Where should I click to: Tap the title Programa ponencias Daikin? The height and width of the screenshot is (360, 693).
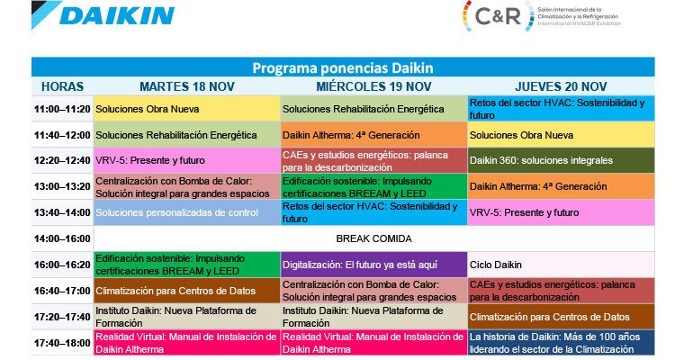[x=342, y=67]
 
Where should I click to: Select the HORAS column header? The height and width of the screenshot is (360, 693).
[x=62, y=86]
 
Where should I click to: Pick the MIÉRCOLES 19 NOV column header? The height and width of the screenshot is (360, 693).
[x=373, y=86]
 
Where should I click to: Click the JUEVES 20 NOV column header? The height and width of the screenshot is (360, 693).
[x=561, y=86]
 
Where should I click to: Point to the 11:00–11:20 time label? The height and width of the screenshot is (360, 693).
[x=62, y=109]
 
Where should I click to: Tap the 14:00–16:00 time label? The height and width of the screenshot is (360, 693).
[x=62, y=238]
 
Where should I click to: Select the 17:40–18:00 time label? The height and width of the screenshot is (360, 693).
[x=62, y=343]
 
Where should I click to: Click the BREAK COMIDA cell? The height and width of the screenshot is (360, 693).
[x=373, y=238]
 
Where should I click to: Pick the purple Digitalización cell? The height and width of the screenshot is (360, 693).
[x=373, y=265]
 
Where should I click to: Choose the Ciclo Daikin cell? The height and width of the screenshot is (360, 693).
[x=561, y=265]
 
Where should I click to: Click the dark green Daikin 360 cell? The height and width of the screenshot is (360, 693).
[x=561, y=160]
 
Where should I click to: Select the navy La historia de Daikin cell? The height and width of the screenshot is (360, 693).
[x=561, y=343]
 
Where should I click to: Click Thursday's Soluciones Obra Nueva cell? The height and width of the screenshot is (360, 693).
[x=561, y=135]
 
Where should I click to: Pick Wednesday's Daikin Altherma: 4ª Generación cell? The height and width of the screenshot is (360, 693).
[x=373, y=135]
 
